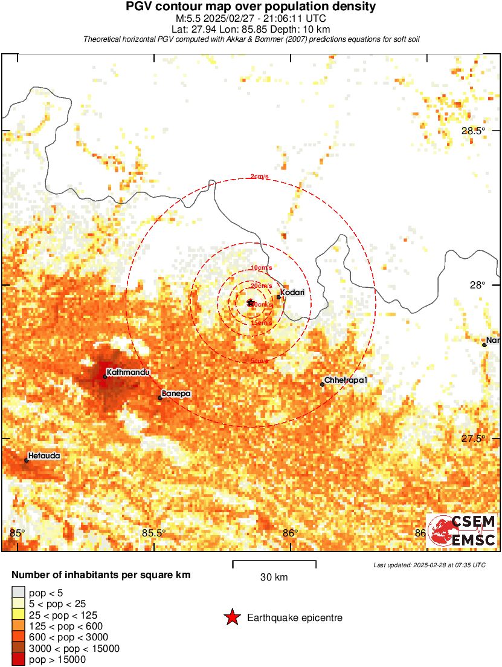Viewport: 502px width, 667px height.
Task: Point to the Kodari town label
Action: [x=292, y=293]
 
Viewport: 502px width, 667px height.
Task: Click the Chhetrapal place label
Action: [x=346, y=380]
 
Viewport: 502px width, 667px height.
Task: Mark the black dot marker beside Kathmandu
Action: [x=105, y=377]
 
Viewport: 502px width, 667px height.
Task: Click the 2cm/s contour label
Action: [x=260, y=177]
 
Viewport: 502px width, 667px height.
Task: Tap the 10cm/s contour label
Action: [x=262, y=267]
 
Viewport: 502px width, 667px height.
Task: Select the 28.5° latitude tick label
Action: [x=473, y=131]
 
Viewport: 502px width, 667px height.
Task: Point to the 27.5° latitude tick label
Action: [x=473, y=438]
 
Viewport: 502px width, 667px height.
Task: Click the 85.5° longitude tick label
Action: [x=153, y=533]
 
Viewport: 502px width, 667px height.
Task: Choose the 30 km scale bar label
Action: [x=274, y=577]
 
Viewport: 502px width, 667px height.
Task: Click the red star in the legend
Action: [x=231, y=617]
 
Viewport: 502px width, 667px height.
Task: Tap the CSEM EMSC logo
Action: [x=462, y=531]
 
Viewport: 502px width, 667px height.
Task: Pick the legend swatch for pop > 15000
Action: [x=19, y=660]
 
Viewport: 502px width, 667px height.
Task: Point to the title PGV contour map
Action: [x=251, y=7]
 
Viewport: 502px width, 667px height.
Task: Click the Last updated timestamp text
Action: [x=429, y=565]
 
